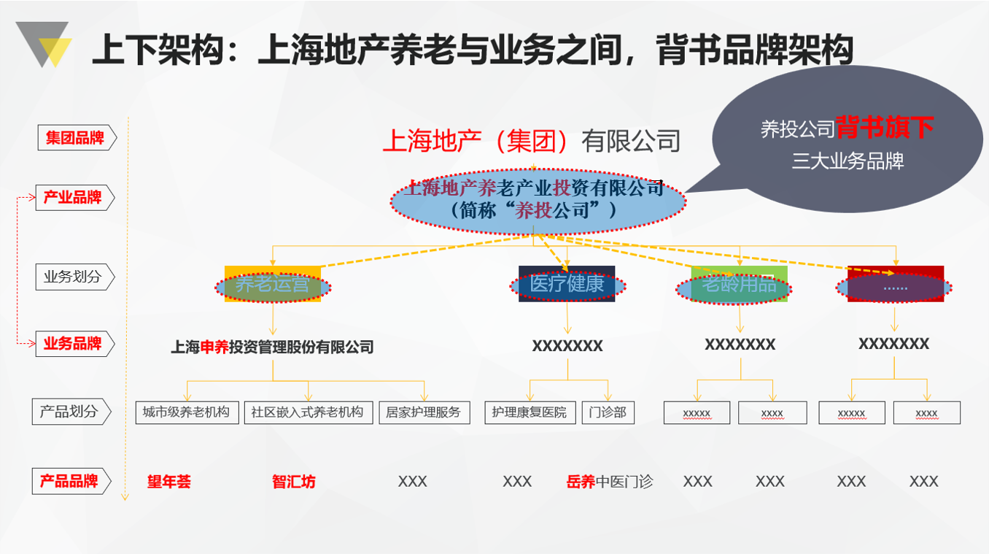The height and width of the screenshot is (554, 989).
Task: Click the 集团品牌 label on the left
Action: point(75,138)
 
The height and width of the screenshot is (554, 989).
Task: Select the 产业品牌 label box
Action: point(73,197)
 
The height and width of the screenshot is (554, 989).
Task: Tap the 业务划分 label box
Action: point(73,277)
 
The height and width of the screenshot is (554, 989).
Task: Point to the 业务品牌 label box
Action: point(73,344)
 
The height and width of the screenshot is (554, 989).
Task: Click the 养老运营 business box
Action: point(272,285)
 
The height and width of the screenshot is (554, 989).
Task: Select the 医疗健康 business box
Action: point(567,285)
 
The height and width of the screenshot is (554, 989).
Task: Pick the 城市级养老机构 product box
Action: point(187,412)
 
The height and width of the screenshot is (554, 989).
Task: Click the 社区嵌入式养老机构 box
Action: point(308,412)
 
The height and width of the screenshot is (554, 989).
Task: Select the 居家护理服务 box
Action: point(424,412)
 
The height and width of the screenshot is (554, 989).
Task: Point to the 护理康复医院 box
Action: point(530,412)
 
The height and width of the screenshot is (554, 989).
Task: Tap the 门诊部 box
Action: point(608,412)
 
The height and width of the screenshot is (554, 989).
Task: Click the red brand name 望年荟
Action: point(168,482)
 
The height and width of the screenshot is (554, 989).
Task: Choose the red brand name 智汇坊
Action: point(294,482)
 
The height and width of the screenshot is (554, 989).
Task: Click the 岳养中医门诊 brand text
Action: point(609,482)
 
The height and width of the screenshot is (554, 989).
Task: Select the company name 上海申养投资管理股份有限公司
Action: point(272,347)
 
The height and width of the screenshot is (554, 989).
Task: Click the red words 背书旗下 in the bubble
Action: point(884,128)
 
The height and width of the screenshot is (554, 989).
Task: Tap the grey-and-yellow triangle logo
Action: point(44,44)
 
